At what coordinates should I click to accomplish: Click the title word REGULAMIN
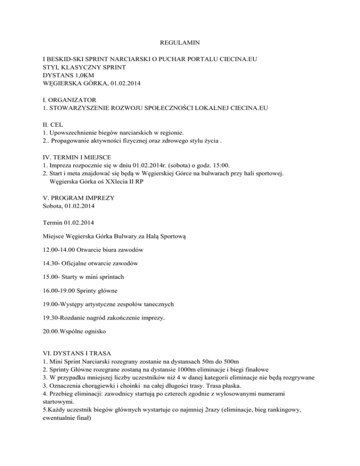pyautogui.click(x=180, y=43)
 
